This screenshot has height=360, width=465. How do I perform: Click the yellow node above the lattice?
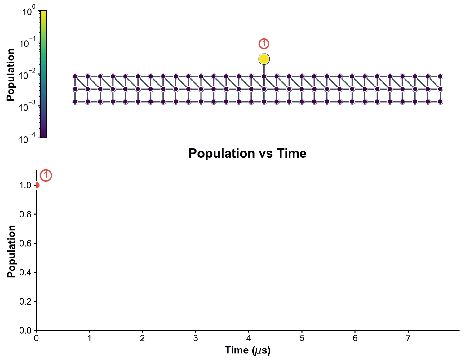(264, 59)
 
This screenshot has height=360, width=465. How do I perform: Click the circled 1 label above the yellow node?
(264, 44)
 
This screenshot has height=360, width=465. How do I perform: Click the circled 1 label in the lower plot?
(46, 175)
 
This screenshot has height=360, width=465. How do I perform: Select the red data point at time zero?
(36, 185)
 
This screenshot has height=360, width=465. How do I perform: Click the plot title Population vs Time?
(247, 154)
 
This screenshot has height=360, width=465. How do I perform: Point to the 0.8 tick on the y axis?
(25, 214)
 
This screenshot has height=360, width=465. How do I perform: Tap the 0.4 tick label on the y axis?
(25, 272)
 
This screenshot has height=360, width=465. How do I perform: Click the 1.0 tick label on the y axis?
(25, 185)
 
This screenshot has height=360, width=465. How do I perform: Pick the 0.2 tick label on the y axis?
(25, 301)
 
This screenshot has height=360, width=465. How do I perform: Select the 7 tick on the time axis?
(408, 338)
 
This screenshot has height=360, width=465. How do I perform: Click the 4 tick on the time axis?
(249, 338)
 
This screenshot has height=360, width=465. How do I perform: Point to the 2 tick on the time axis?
(142, 338)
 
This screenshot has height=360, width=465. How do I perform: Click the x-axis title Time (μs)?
(247, 350)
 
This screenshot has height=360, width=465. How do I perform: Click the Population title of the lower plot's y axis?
(11, 251)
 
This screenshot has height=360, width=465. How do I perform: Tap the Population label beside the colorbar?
(11, 75)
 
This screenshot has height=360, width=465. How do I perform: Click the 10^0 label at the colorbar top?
(29, 11)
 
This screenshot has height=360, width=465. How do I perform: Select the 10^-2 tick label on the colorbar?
(29, 75)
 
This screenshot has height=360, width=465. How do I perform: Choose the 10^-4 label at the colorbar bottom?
(29, 138)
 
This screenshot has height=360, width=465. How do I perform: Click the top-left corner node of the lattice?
(75, 77)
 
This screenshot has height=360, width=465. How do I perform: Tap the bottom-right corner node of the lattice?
(440, 102)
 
